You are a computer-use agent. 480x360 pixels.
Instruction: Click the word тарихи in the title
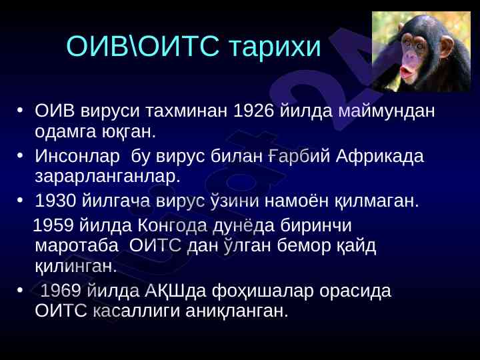(x=275, y=47)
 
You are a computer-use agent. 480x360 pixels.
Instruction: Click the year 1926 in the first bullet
(x=253, y=111)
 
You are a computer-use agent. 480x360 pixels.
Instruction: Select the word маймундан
(x=386, y=111)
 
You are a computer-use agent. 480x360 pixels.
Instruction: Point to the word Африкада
(x=379, y=156)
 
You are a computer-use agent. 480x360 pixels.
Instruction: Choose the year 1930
(x=56, y=201)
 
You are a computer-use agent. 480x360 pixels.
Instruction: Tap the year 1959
(x=53, y=225)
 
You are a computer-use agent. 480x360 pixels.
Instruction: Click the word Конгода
(x=173, y=226)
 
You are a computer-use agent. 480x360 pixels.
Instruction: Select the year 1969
(x=61, y=291)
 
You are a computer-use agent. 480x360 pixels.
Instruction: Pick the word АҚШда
(x=175, y=291)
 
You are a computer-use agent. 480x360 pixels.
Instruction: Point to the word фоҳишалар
(x=263, y=291)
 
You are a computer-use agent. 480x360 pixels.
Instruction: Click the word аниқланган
(x=237, y=311)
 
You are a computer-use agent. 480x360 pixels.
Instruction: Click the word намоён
(x=296, y=201)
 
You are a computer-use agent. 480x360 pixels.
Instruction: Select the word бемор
(x=304, y=246)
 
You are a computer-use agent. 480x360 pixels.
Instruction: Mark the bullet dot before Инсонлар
(x=20, y=155)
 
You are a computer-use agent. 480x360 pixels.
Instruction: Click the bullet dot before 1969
(x=20, y=290)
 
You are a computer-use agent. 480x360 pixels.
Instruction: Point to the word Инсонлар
(x=77, y=156)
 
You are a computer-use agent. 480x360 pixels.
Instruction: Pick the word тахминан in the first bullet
(x=186, y=111)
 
